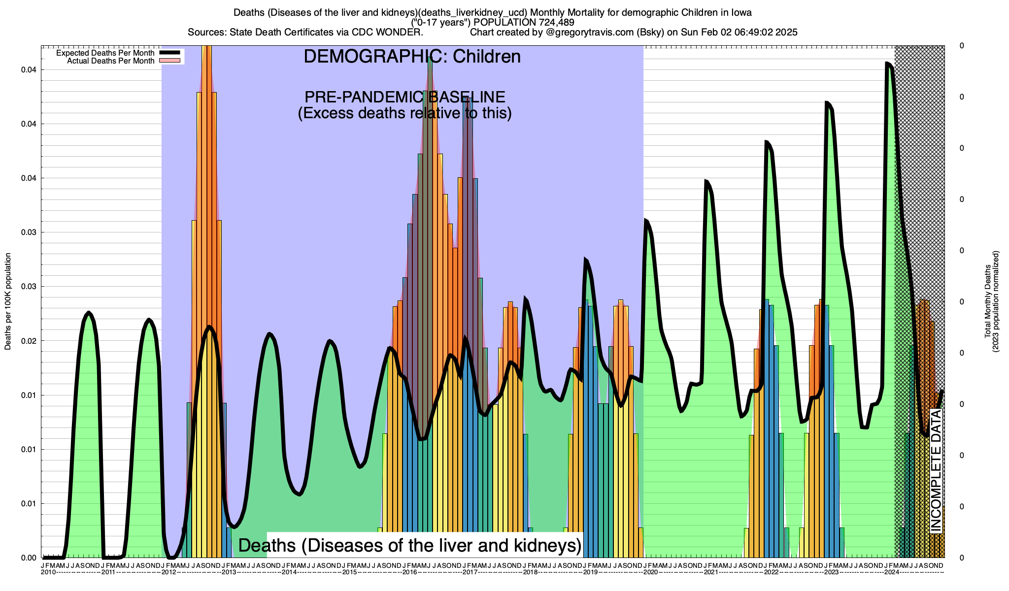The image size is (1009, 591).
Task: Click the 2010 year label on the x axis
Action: pos(48,572)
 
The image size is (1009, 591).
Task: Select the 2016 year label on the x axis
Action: pos(409,572)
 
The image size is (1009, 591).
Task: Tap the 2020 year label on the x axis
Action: pos(650,572)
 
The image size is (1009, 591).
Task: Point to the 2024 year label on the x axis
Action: pos(891,572)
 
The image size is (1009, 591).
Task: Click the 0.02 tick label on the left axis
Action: pos(29,341)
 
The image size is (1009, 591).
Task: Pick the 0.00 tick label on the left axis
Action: pos(29,558)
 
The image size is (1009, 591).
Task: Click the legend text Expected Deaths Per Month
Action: pos(105,53)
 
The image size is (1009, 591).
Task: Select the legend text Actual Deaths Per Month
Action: pos(110,61)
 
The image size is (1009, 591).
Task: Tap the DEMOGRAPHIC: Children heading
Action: pos(412,57)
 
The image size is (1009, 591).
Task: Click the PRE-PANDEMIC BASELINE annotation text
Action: pos(404,97)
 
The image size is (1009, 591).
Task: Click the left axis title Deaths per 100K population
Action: pos(8,301)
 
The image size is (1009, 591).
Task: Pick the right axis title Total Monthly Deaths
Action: pos(987,301)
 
